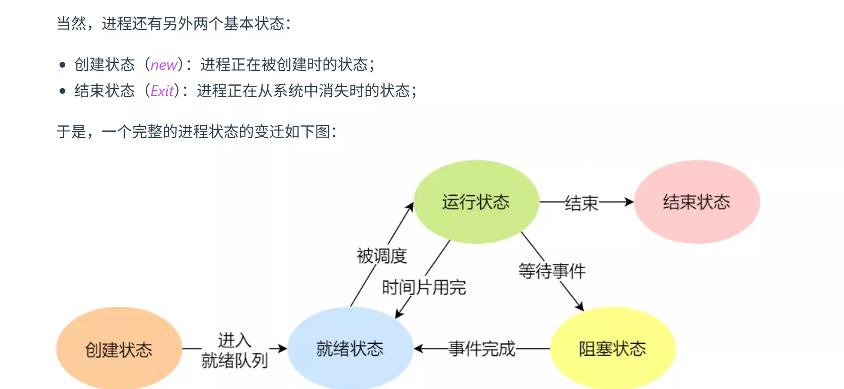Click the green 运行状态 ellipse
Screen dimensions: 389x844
coord(476,202)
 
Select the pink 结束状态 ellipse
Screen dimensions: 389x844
coord(696,202)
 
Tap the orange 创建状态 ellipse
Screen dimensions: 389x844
coord(119,349)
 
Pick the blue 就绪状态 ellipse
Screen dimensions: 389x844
coord(350,349)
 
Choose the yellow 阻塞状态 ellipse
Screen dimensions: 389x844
coord(612,349)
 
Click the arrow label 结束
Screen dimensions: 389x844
coord(581,203)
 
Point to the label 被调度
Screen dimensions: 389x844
coord(382,256)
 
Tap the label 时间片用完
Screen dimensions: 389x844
coord(424,287)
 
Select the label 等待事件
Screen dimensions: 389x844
coord(552,271)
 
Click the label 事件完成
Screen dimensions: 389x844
coord(482,349)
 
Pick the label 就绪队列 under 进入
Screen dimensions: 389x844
coord(234,360)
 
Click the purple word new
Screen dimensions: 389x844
coord(164,65)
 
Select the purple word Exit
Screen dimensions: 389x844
coord(162,91)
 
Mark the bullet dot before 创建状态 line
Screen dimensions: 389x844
coord(62,65)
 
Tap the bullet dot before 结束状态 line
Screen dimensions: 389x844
coord(62,91)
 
